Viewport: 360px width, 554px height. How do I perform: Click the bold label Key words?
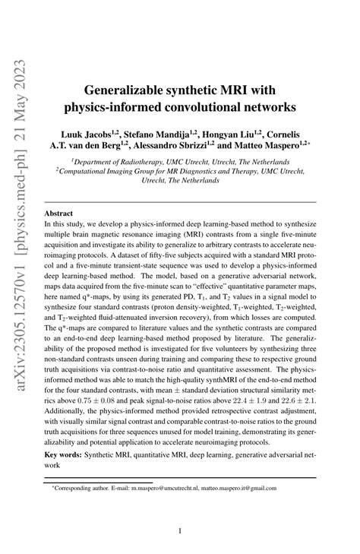click(63, 455)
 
